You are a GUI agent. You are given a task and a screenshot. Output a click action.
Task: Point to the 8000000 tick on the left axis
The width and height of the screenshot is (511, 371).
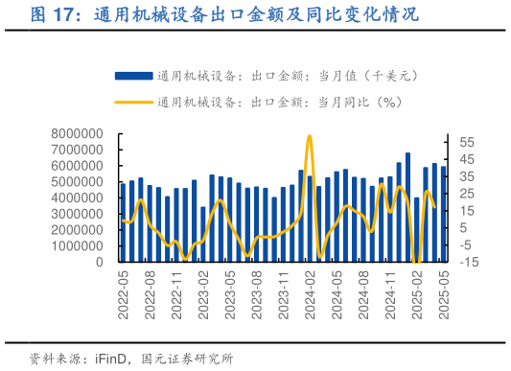tap(72, 133)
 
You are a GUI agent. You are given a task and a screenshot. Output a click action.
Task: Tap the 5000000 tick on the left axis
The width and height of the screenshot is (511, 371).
tap(72, 181)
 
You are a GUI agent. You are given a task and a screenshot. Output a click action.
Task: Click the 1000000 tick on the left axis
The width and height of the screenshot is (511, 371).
tap(72, 245)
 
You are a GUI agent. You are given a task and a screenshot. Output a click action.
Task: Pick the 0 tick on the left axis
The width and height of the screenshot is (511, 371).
tap(99, 262)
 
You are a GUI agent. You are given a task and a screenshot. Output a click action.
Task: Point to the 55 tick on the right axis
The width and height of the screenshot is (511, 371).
tap(467, 142)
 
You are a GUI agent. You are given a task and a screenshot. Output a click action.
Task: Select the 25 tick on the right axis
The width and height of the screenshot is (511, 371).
tap(467, 193)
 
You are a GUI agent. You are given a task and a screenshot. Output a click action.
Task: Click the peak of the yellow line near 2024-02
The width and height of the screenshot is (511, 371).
tap(309, 136)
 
